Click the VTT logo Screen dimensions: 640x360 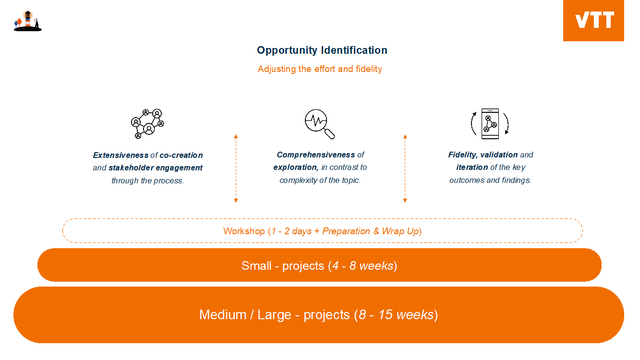(593, 21)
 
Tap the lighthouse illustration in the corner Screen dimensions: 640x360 (28, 21)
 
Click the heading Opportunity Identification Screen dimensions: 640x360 (322, 50)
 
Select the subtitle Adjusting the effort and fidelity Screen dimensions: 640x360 (320, 69)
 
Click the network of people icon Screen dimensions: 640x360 (147, 124)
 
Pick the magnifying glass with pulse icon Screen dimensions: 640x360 (319, 124)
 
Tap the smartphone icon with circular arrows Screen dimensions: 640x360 (490, 124)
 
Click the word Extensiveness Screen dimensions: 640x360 (121, 155)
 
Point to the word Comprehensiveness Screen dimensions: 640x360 (316, 155)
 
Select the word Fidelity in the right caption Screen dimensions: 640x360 (463, 155)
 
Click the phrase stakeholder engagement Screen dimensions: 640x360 (156, 168)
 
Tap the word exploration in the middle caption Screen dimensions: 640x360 (296, 168)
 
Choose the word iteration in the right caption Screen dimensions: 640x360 (472, 167)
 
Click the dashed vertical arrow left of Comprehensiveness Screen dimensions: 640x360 (236, 168)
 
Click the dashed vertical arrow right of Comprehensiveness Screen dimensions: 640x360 (405, 168)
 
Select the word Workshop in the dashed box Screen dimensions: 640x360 (244, 231)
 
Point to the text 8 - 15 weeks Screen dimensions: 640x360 (396, 315)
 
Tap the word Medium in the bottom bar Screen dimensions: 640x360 (223, 315)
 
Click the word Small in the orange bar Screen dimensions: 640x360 (256, 266)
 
